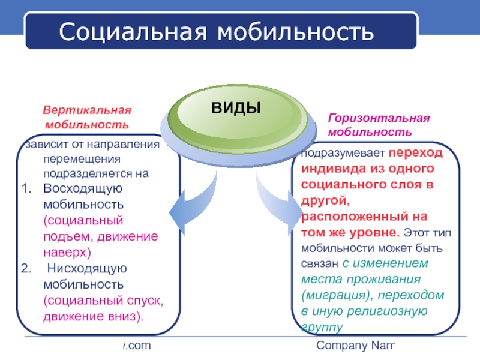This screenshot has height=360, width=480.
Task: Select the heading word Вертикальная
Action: (86, 112)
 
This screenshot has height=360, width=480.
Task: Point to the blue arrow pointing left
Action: (193, 205)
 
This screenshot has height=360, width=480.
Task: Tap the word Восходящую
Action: (83, 189)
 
